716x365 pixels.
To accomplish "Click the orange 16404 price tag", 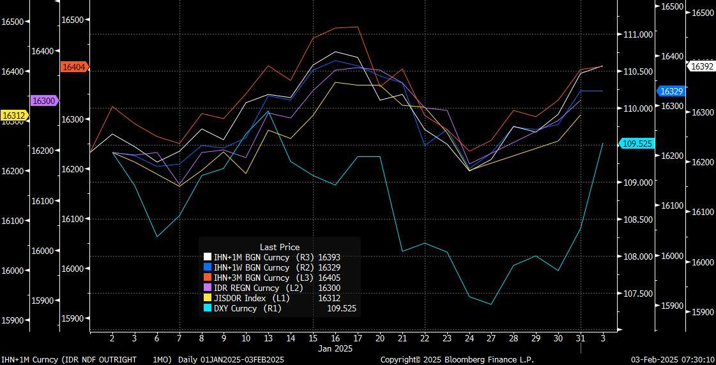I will tap(74, 67).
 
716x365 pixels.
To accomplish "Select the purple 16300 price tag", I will tap(44, 101).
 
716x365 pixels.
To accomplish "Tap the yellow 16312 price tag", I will tap(14, 115).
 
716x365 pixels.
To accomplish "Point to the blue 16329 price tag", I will tap(671, 91).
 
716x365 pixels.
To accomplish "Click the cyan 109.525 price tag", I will tap(637, 144).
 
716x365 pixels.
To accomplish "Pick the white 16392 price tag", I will tap(702, 66).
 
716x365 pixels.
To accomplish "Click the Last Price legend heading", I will tap(280, 247).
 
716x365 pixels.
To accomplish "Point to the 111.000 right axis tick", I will tap(639, 34).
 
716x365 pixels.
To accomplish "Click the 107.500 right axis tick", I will tap(639, 294).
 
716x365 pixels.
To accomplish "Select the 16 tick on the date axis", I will tap(335, 338).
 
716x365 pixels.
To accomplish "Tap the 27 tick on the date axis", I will tap(491, 338).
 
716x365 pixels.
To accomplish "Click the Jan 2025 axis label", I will tap(335, 348).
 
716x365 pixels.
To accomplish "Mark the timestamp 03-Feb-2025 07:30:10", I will tap(673, 360).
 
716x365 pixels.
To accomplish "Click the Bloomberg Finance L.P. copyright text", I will tap(457, 360).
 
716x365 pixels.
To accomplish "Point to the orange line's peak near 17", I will tap(357, 27).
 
